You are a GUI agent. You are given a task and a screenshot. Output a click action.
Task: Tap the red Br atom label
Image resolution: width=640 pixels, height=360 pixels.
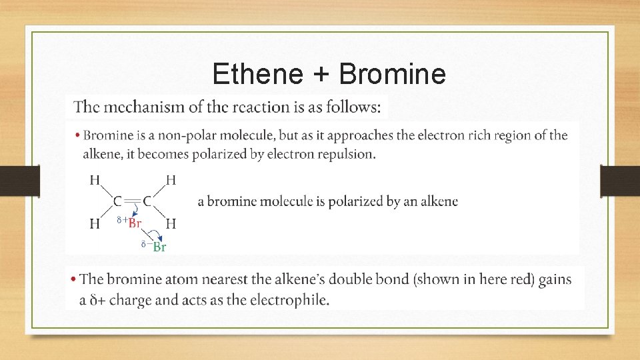coord(135,223)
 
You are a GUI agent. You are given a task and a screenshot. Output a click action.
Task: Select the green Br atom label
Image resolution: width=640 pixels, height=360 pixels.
coord(159,247)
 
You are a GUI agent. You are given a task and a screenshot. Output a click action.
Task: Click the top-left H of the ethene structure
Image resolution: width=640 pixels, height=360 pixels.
coord(95,179)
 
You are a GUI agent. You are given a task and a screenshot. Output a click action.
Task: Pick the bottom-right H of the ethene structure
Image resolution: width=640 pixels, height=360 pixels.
coord(171,224)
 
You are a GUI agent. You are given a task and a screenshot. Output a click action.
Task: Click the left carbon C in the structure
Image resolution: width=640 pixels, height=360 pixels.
coord(117,201)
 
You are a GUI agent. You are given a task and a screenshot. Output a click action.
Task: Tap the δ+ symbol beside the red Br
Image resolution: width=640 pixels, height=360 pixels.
coord(121,219)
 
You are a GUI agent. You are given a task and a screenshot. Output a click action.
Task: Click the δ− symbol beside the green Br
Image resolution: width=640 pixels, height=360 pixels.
coord(145,244)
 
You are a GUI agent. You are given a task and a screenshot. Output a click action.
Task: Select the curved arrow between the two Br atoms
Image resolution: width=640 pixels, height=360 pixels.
coord(155,233)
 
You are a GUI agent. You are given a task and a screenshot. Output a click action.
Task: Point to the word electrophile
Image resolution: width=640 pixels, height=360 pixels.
coord(293,300)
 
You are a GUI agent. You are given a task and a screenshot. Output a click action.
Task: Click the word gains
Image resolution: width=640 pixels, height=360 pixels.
coord(555,279)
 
